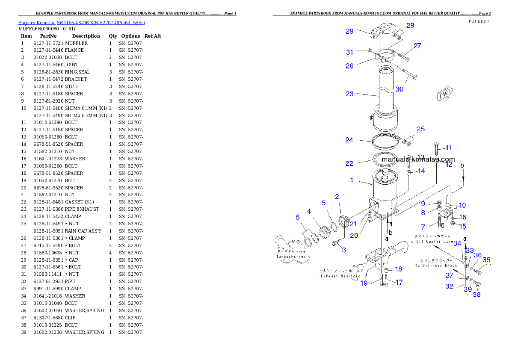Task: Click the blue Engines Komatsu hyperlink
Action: pos(81,23)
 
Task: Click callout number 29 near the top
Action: pos(350,31)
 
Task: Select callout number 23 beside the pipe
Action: pos(350,94)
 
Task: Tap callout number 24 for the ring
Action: pos(349,140)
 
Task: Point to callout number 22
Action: pos(349,164)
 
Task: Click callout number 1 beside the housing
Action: pos(352,180)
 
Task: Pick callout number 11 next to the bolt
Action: pos(448,148)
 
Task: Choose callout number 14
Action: pos(421,171)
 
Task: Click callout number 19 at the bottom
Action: pos(364,283)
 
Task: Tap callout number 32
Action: pos(449,286)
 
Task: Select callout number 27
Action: pos(417,46)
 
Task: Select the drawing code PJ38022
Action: pos(479,21)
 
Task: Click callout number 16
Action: pos(463,218)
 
